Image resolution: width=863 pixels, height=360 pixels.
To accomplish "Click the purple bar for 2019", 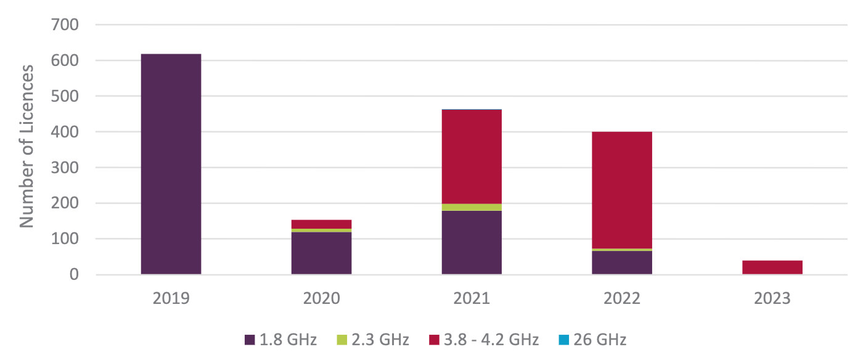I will click(x=171, y=164).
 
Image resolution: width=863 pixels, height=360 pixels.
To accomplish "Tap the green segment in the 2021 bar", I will click(x=472, y=207).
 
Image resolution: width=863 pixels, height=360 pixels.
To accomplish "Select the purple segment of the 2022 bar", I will click(x=622, y=263).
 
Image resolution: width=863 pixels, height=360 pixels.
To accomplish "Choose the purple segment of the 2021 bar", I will click(x=472, y=242).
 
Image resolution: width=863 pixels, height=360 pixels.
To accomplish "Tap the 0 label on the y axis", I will click(x=74, y=275).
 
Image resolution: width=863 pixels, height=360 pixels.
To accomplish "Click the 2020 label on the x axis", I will click(x=321, y=299).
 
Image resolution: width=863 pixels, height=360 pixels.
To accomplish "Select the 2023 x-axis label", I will click(x=772, y=299).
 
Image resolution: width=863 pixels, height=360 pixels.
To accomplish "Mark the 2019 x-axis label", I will click(x=171, y=299).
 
